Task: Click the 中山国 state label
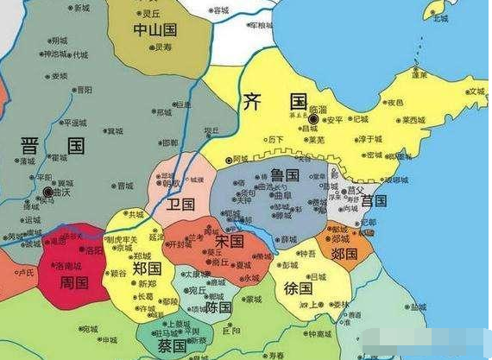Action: pyautogui.click(x=155, y=30)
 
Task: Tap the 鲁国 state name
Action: pyautogui.click(x=285, y=176)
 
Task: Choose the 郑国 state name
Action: pyautogui.click(x=148, y=268)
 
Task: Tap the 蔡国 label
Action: pyautogui.click(x=171, y=345)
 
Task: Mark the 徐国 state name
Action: pyautogui.click(x=301, y=288)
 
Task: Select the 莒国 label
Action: pyautogui.click(x=374, y=200)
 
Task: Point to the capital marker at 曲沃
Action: pyautogui.click(x=47, y=192)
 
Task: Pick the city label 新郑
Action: pyautogui.click(x=146, y=284)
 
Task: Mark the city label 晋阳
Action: pyautogui.click(x=83, y=89)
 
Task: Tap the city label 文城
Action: pyautogui.click(x=476, y=91)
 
